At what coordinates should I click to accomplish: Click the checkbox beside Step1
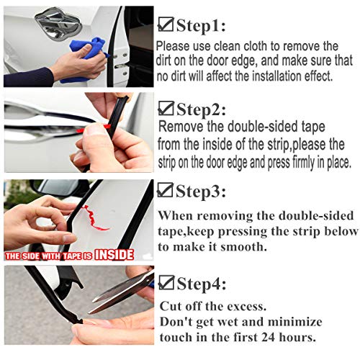tap(165, 27)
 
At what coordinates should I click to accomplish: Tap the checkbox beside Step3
tap(166, 192)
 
